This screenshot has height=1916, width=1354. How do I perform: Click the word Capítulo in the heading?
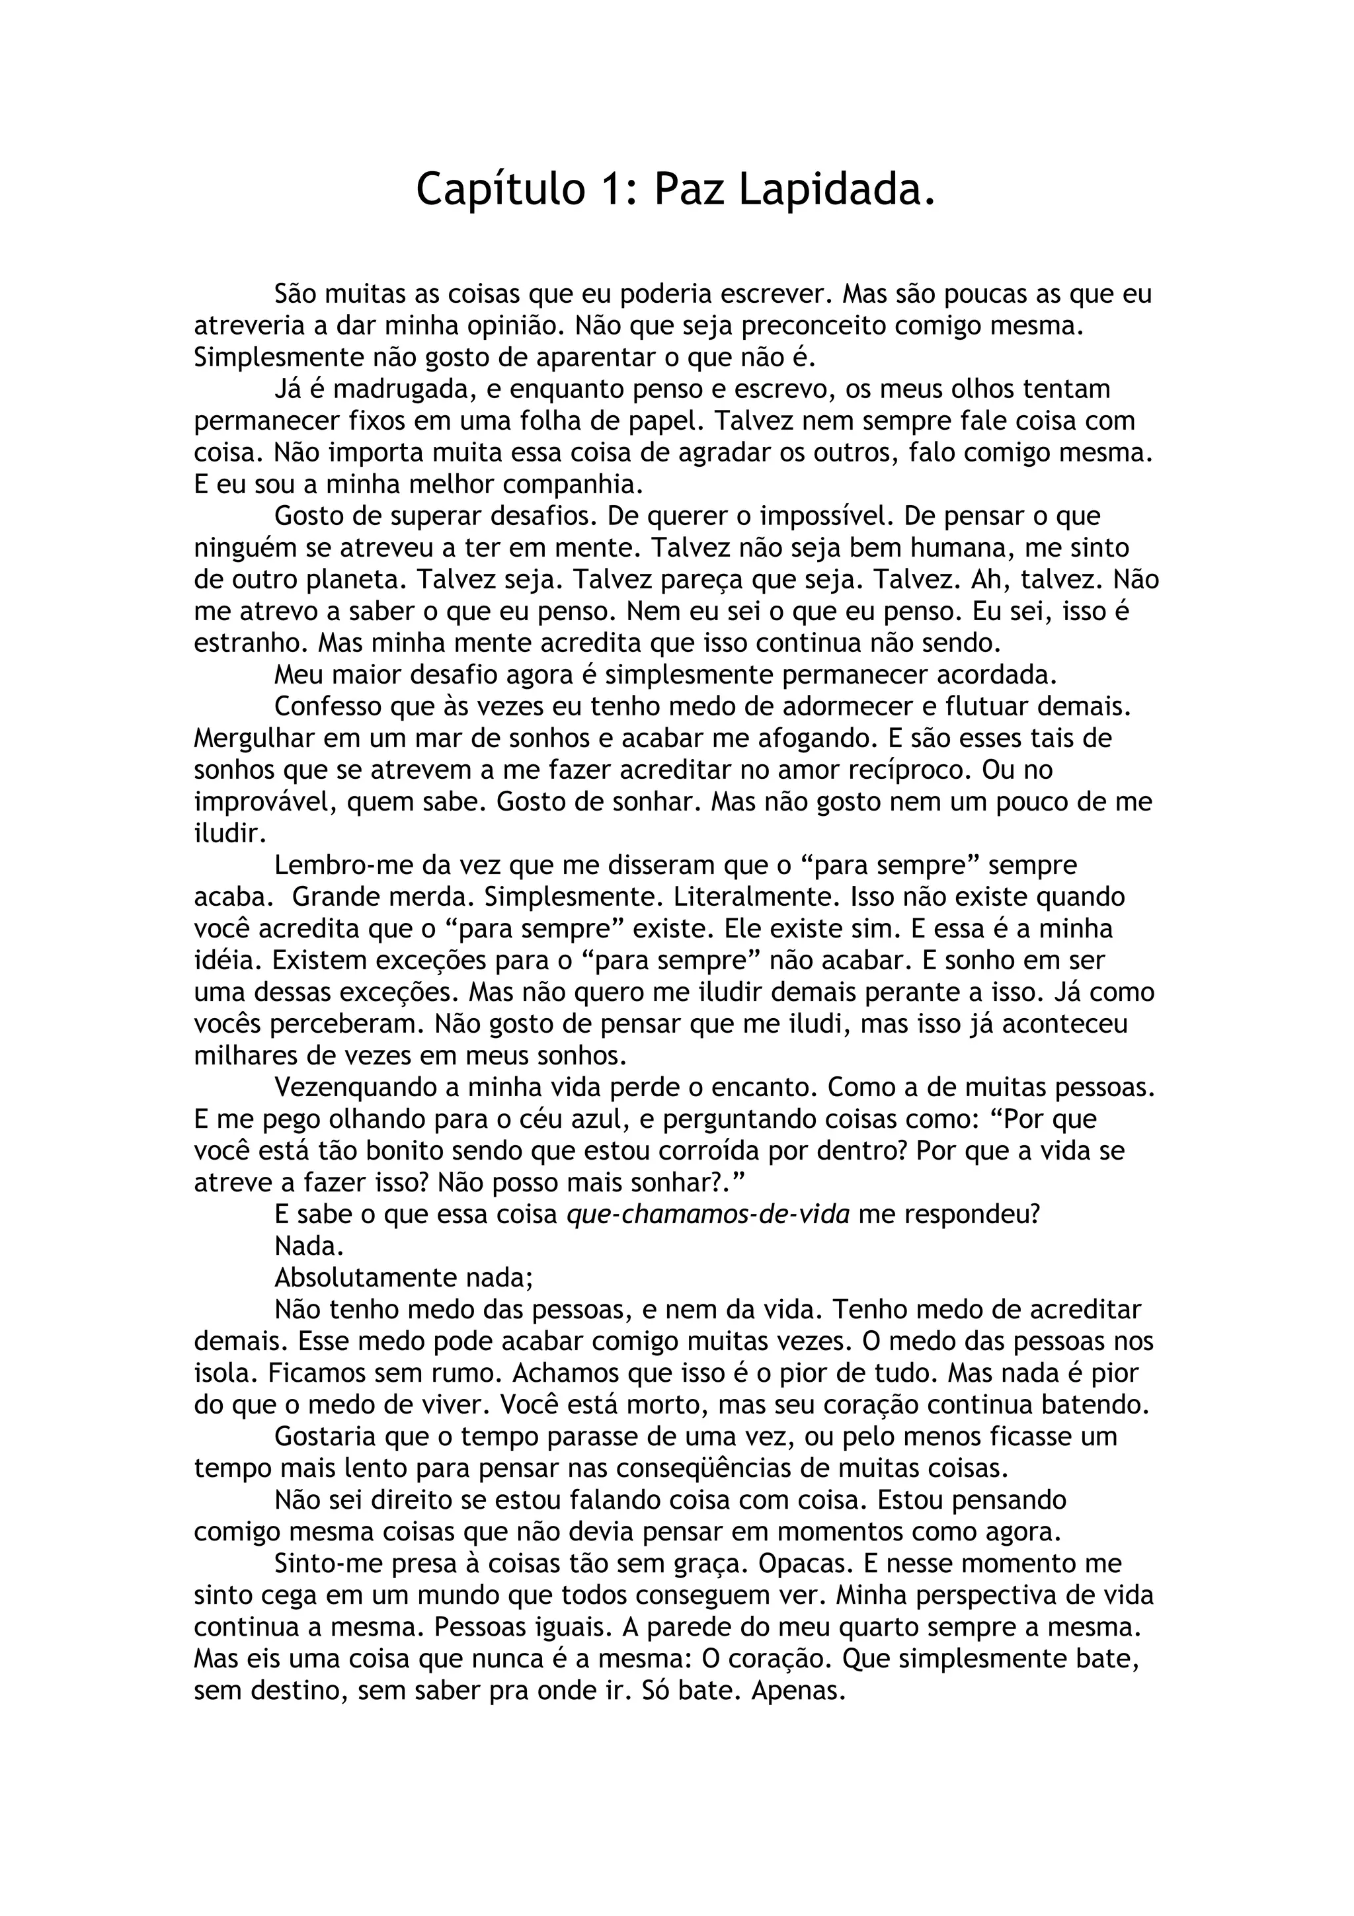tap(500, 190)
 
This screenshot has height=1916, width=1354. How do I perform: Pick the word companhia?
tap(574, 484)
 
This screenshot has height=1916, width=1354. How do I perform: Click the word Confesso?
tap(328, 706)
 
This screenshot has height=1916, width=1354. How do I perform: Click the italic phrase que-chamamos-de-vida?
tap(707, 1214)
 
